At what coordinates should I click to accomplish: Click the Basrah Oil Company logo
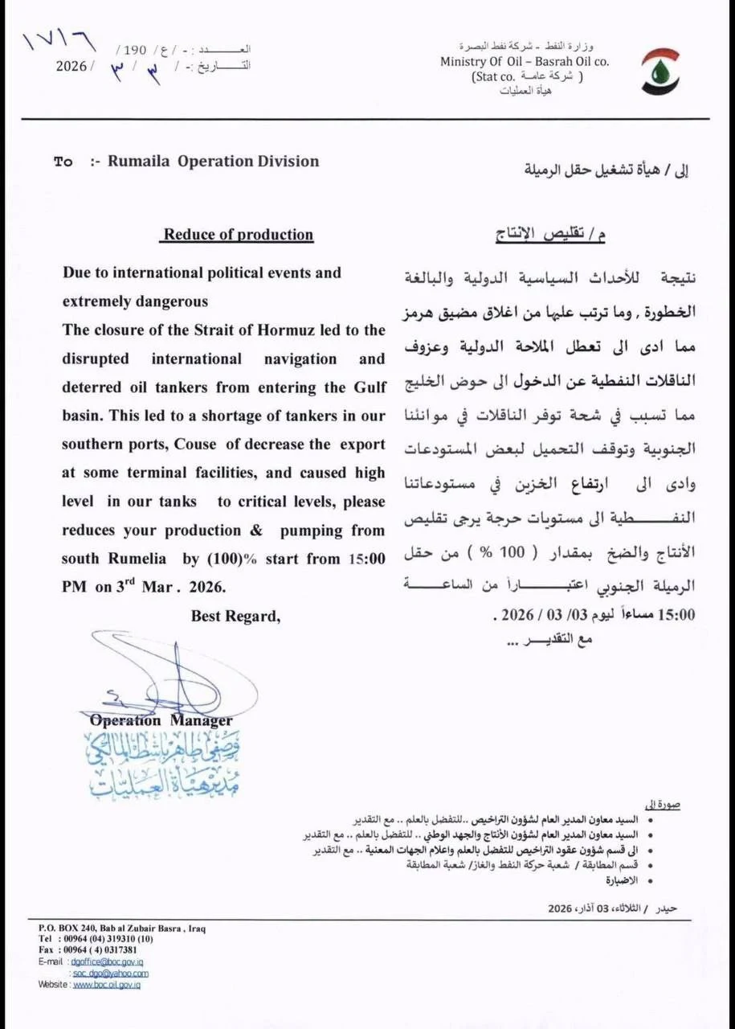659,71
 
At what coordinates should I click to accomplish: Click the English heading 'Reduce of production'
239,235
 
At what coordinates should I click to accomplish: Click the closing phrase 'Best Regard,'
235,617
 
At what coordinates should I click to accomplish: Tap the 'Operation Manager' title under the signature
161,720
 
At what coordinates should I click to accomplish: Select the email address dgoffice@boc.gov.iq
107,961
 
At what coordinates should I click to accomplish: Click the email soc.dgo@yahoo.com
110,974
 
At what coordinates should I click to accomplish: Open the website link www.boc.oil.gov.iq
106,985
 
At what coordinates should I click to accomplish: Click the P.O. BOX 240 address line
120,928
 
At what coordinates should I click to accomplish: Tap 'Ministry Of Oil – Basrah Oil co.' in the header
524,62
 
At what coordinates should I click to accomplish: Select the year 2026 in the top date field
71,66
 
